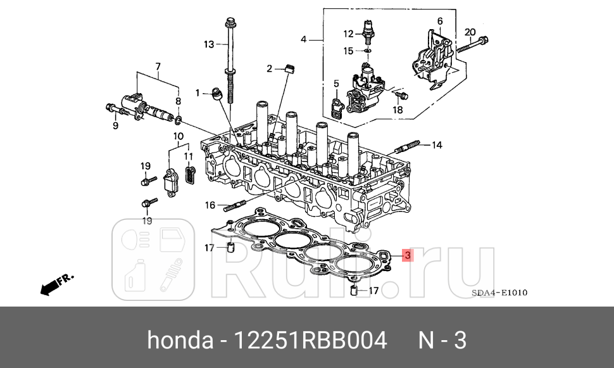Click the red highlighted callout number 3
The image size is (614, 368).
(x=408, y=255)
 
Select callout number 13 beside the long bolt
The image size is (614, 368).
(x=209, y=44)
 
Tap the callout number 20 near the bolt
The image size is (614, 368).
(x=469, y=32)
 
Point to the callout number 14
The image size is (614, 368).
(x=437, y=145)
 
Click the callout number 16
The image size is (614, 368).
(x=210, y=205)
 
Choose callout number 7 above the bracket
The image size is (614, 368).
(x=158, y=66)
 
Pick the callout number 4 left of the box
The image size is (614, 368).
(x=303, y=39)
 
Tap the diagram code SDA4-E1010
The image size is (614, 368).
(x=499, y=293)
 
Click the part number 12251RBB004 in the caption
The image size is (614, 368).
(x=310, y=341)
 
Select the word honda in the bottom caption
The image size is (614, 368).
(x=180, y=341)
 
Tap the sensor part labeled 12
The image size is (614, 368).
(x=367, y=29)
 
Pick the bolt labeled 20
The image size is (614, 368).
(x=472, y=45)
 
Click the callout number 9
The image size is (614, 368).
(x=115, y=125)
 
